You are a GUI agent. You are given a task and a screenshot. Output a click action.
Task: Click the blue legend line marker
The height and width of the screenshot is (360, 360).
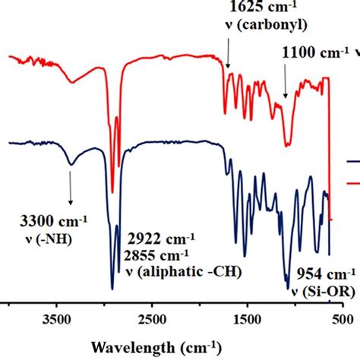(x=353, y=162)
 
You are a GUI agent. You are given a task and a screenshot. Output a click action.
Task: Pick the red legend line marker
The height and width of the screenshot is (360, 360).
(x=353, y=182)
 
